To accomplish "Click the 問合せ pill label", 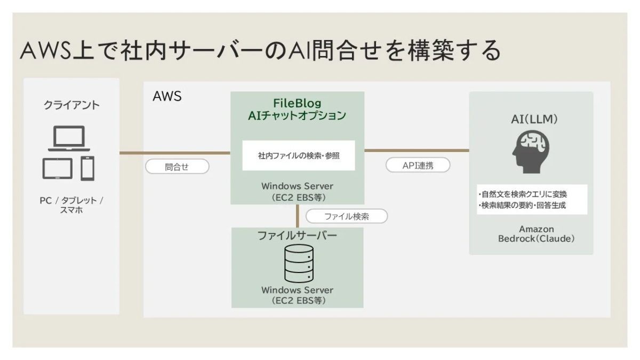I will click(x=177, y=167).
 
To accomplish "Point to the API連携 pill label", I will click(x=418, y=165).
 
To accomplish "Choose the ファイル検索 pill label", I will click(x=347, y=217).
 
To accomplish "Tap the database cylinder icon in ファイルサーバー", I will click(x=298, y=264).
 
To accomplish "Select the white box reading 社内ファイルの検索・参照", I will click(x=298, y=156).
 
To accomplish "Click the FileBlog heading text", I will click(x=297, y=103).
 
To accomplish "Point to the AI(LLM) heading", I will click(x=531, y=119).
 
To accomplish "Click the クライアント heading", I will click(x=71, y=105).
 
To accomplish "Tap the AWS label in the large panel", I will click(x=167, y=97).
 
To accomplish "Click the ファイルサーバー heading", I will click(x=297, y=236).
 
